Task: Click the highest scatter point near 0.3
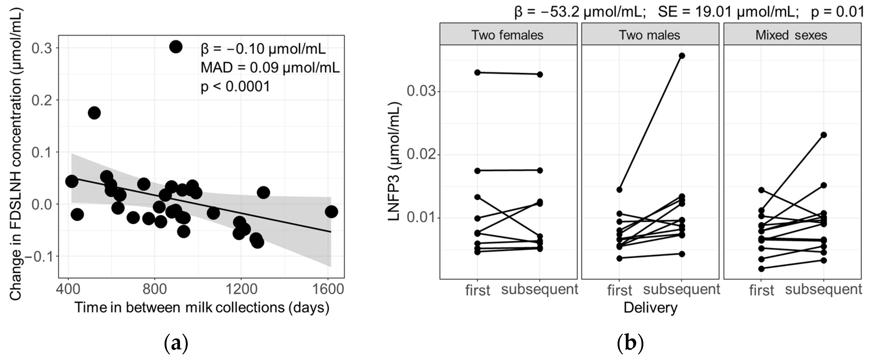[176, 47]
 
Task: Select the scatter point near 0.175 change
[94, 113]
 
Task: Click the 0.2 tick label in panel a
[42, 100]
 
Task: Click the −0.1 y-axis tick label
[37, 256]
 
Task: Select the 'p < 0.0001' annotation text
[236, 87]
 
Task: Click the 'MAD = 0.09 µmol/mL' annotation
[270, 68]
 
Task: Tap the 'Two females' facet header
[508, 35]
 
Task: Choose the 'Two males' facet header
[649, 35]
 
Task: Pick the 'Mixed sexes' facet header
[791, 35]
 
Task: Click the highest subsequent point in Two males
[682, 56]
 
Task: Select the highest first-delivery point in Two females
[477, 72]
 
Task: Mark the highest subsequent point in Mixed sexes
[824, 135]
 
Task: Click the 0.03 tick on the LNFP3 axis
[420, 92]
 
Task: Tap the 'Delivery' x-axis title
[650, 308]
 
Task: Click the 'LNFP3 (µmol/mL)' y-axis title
[394, 162]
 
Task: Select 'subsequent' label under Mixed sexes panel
[823, 289]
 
